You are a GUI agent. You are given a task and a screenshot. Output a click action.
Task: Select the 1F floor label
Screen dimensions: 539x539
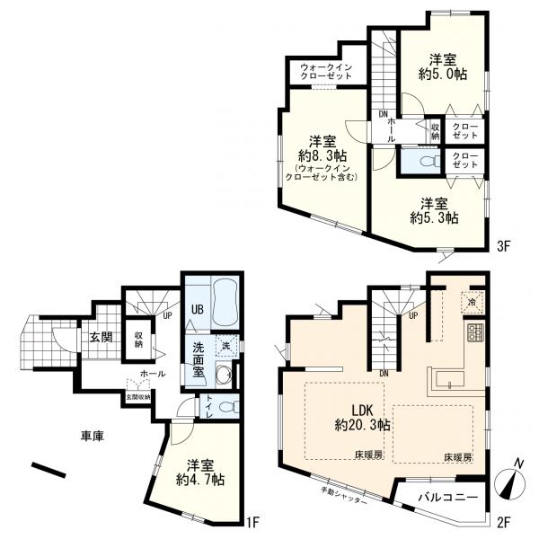pos(254,520)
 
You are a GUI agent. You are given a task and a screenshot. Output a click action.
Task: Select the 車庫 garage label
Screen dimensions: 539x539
pos(93,436)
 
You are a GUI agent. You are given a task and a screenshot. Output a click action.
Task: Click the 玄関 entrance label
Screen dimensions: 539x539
pos(101,337)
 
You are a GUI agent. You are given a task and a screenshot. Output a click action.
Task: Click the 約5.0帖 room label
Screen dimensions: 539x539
pos(443,68)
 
